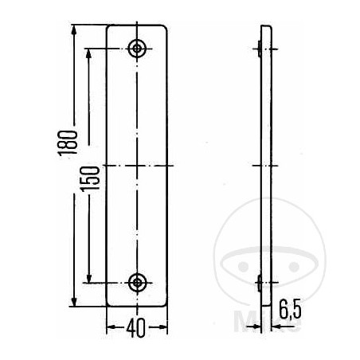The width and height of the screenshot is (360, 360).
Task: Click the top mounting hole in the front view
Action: point(139,49)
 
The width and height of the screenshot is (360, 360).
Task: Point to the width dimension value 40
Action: point(138,327)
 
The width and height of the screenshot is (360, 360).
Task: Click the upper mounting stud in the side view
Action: point(260,49)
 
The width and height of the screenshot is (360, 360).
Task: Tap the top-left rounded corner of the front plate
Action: point(110,28)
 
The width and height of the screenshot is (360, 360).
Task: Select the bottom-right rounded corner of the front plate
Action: point(166,303)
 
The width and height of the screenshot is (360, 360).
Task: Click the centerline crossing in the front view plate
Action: point(139,166)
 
